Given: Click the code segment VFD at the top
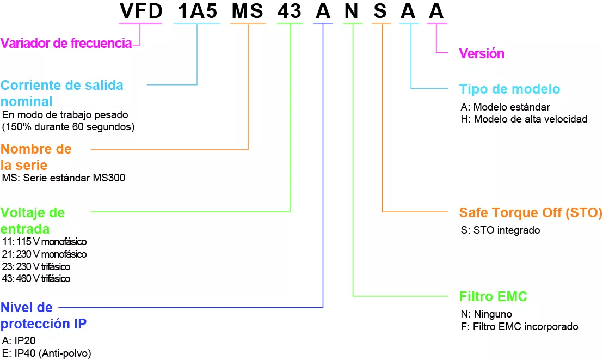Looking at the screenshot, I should tap(140, 11).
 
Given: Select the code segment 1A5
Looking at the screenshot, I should tap(197, 11).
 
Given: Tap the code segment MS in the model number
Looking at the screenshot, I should tap(248, 11).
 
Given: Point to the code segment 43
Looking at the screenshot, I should tap(290, 11).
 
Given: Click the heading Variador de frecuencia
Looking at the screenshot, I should tap(66, 44).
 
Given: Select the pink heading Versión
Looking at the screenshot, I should tap(482, 53).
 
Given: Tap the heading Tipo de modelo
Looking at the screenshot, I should tap(509, 89).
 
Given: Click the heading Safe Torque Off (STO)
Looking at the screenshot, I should tap(531, 212).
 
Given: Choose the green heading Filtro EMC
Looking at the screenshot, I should tap(493, 297).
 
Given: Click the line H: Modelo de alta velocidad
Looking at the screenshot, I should tap(524, 119).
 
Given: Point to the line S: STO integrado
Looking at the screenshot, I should tap(500, 230).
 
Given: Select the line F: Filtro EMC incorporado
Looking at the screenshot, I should tap(519, 326).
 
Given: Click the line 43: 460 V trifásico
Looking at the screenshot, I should tap(36, 278).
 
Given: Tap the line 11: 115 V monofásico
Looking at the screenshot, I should tap(44, 241).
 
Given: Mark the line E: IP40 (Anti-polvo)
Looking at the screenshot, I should tap(47, 352).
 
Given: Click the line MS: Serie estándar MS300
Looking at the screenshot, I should tap(64, 178).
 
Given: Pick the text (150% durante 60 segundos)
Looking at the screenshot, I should tap(68, 127).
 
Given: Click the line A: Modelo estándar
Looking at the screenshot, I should tap(505, 106).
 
